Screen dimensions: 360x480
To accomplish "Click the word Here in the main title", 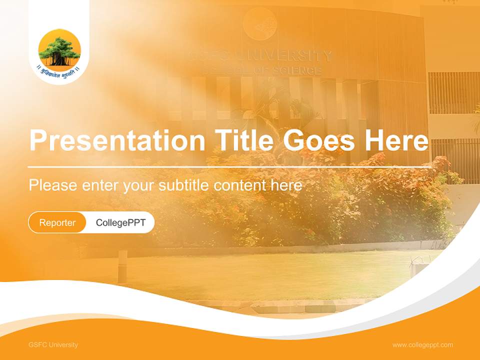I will tap(396, 141).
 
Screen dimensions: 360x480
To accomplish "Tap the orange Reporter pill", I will tap(57, 222).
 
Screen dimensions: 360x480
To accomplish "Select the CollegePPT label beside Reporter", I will tap(120, 222).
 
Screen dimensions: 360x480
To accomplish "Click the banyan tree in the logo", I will tap(59, 49).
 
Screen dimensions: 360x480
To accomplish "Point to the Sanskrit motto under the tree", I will tap(59, 70).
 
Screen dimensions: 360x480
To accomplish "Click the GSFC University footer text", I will tap(53, 345).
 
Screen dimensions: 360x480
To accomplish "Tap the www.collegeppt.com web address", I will tap(422, 345).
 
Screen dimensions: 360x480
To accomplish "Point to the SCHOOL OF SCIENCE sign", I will tap(262, 70).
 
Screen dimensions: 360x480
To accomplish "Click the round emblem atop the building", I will tap(259, 23).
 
